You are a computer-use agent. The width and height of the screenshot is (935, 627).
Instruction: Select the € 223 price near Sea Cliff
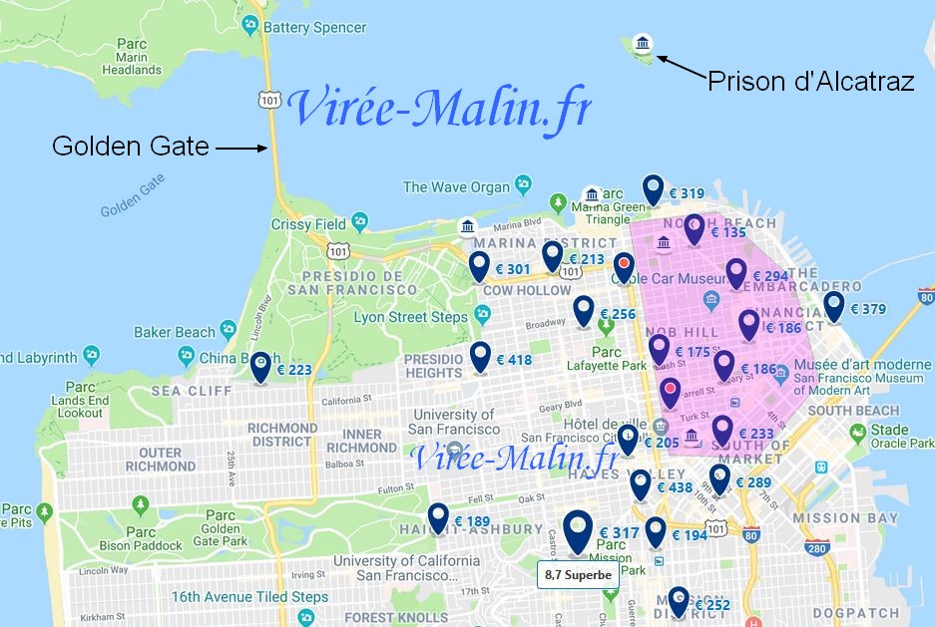(294, 370)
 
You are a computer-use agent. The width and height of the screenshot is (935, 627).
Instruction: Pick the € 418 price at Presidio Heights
(513, 360)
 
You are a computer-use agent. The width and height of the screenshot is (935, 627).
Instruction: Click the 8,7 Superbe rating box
(576, 575)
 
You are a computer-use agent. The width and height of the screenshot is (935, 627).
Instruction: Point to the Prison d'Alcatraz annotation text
(810, 82)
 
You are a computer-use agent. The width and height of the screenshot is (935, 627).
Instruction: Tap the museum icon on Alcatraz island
(644, 43)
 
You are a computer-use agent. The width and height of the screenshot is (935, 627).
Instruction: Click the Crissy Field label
(315, 224)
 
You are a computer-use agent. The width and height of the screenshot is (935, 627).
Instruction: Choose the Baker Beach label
(175, 332)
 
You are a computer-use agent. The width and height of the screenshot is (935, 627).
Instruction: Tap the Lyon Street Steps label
(410, 317)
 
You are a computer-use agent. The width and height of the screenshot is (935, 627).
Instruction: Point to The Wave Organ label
(456, 186)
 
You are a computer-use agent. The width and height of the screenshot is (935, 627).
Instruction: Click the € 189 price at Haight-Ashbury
(472, 521)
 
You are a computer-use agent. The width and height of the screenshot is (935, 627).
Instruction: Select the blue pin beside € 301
(480, 266)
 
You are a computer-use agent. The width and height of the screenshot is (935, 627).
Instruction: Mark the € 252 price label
(711, 605)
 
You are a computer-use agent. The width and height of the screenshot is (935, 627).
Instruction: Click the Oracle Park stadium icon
(856, 433)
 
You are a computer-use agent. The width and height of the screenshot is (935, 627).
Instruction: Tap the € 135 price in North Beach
(727, 232)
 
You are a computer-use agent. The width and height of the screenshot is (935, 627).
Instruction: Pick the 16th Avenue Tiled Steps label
(248, 597)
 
